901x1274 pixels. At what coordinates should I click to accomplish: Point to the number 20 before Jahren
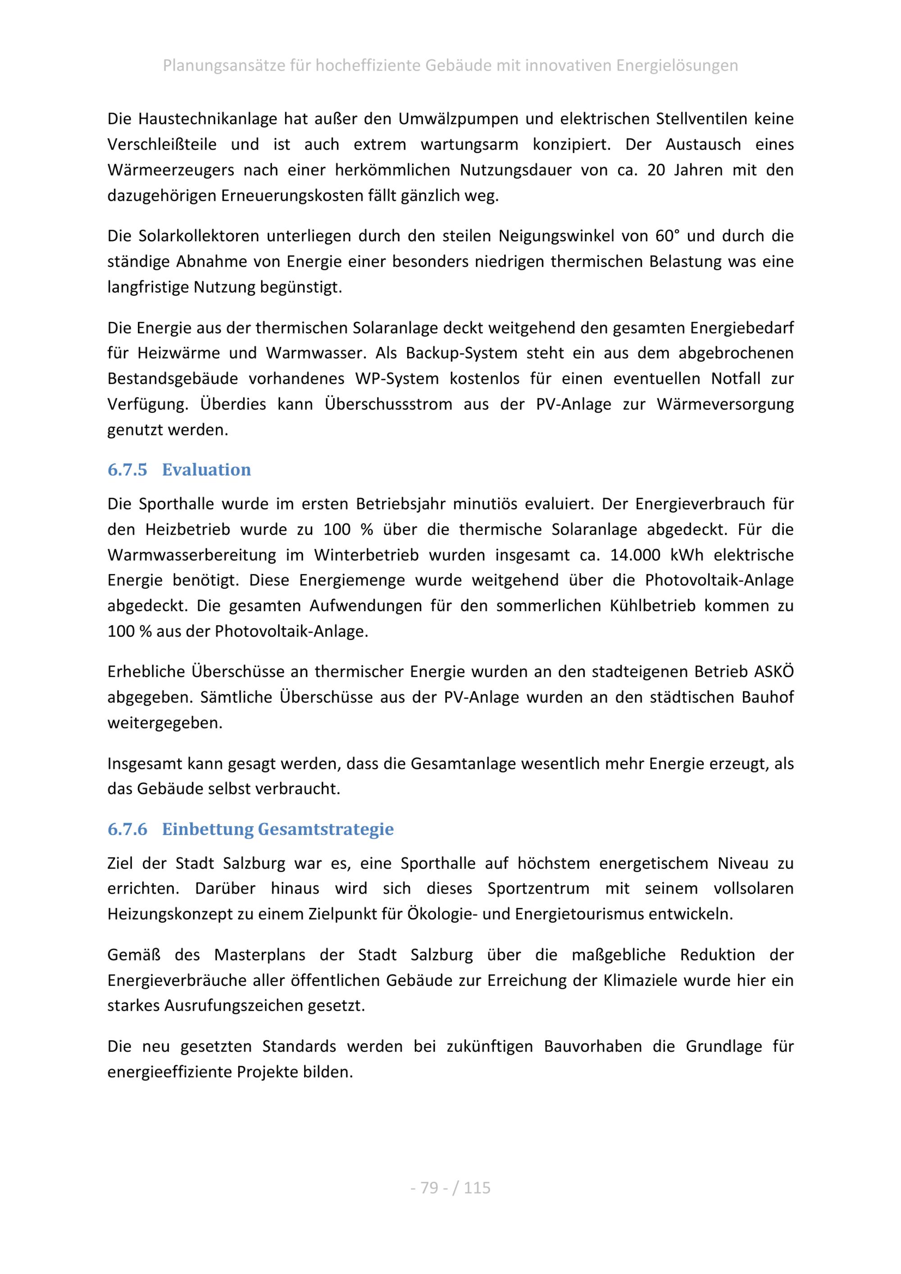pyautogui.click(x=655, y=170)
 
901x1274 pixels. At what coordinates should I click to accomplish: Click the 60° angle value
pyautogui.click(x=667, y=236)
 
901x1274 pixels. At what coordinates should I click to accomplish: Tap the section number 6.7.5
pyautogui.click(x=127, y=470)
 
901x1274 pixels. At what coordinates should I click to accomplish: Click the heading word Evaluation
pyautogui.click(x=206, y=470)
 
